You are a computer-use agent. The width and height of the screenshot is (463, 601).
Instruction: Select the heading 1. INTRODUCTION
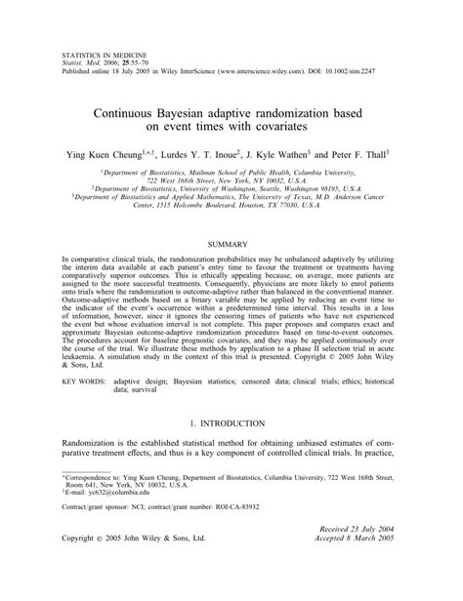pos(231,425)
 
